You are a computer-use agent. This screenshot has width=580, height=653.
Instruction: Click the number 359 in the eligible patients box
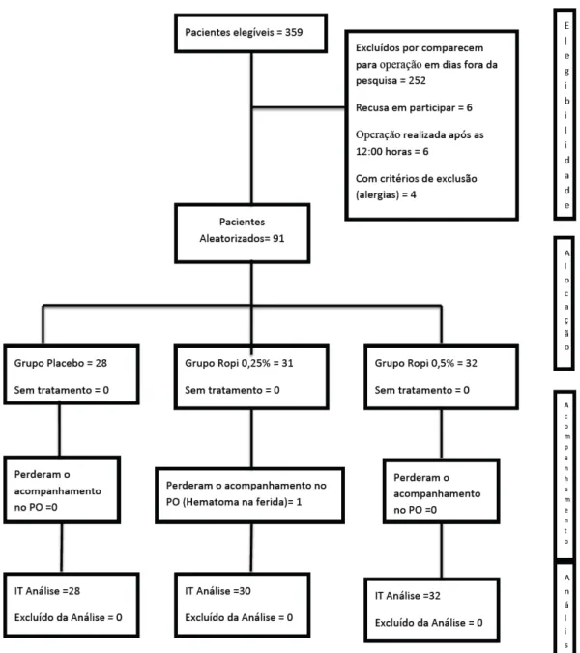pos(294,32)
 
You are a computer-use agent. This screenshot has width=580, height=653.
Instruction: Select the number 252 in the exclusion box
pos(417,80)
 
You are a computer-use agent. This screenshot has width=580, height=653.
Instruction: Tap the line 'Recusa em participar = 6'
pos(414,107)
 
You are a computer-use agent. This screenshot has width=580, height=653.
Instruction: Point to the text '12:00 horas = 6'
pos(391,151)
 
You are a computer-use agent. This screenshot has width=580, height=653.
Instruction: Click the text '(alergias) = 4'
pos(386,194)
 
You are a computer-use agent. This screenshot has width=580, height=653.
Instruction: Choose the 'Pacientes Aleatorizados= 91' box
pos(243,233)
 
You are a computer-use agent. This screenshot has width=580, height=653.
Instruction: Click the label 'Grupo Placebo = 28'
pos(61,363)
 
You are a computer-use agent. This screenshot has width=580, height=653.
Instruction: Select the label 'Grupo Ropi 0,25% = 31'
pos(239,363)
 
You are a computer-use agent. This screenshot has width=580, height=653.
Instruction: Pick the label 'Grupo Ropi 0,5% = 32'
pos(426,363)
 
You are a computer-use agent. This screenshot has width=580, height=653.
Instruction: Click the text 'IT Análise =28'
pos(47,590)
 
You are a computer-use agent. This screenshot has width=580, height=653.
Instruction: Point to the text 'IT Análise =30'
pos(218,590)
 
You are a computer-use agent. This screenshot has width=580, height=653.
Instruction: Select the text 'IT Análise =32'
pos(408,596)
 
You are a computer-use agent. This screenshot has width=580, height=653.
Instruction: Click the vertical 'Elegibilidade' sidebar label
pos(566,115)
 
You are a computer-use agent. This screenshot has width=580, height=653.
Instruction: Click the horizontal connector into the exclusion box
pos(299,107)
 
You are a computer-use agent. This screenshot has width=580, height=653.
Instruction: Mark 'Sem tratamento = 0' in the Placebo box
pos(62,390)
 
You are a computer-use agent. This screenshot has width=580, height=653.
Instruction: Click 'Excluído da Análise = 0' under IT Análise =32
pos(428,623)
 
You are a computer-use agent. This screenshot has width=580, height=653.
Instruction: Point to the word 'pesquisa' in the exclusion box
pos(376,81)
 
